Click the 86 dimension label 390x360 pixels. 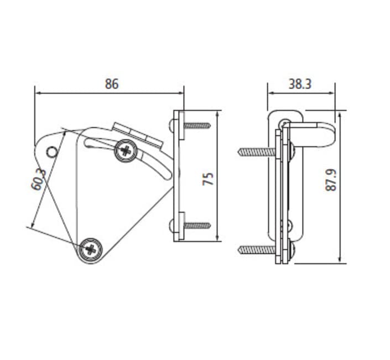point(112,84)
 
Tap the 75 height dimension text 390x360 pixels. point(208,178)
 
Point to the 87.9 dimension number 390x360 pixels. point(331,180)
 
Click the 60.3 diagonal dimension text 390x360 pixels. point(39,177)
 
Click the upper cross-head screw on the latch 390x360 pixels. point(126,150)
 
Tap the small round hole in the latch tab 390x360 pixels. point(51,151)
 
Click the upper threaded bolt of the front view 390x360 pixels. point(197,126)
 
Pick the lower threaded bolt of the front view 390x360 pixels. point(197,226)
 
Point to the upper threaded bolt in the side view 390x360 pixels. point(256,151)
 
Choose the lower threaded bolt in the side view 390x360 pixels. point(256,250)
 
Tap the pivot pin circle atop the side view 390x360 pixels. point(284,122)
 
